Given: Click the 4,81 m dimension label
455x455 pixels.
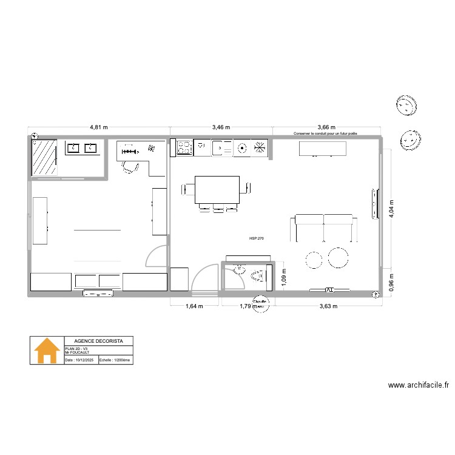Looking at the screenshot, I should (x=99, y=127).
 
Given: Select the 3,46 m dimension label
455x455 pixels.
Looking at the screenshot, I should (x=221, y=127).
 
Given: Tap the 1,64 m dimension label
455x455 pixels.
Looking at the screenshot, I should (x=194, y=306).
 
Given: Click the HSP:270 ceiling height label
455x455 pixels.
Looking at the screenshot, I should (x=257, y=239).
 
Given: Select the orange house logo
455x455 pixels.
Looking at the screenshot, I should (x=47, y=351).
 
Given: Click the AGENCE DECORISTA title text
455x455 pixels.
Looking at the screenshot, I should (x=98, y=341).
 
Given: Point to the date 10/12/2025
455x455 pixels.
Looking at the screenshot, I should (x=81, y=360).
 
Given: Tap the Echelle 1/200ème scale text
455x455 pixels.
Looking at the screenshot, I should (x=115, y=360).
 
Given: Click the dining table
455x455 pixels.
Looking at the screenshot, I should (x=217, y=190).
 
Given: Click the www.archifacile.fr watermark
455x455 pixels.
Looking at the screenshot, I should (x=418, y=385).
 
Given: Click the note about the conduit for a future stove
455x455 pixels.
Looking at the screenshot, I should (x=325, y=133).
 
